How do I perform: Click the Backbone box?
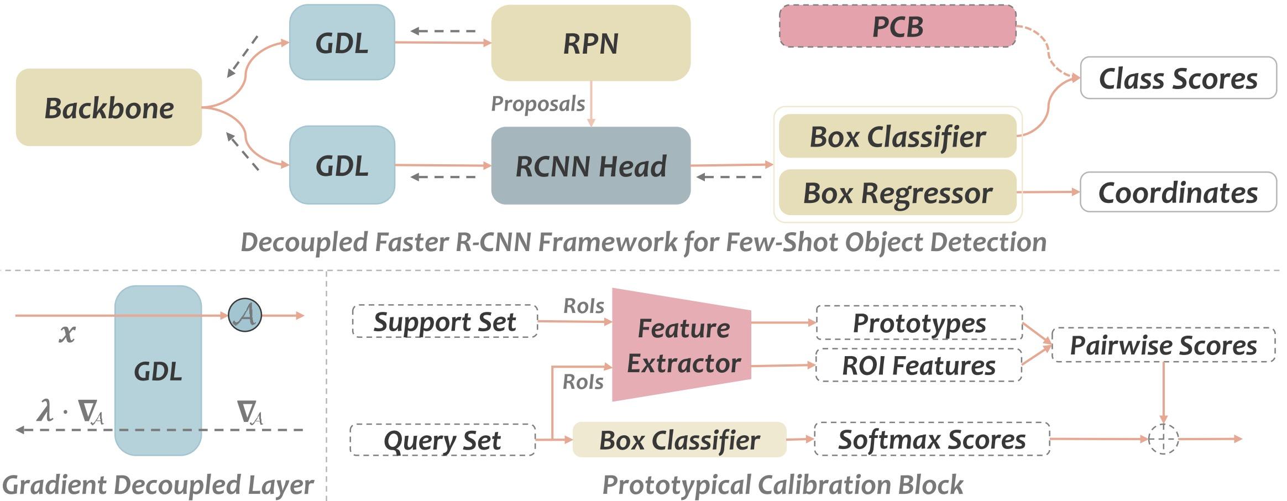109,107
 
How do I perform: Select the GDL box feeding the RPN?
342,43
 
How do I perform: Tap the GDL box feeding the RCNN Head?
342,165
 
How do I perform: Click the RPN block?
590,43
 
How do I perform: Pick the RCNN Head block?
590,165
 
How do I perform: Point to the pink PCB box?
897,27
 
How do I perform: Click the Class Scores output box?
1178,78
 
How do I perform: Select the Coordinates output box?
1178,192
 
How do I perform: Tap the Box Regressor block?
897,193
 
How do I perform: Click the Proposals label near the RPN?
538,103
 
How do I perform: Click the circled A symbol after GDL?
245,315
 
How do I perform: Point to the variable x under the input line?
67,333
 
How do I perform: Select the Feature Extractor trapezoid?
683,345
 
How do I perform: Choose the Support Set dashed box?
444,321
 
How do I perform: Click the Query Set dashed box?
442,440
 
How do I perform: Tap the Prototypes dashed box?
919,322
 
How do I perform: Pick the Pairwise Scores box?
1163,345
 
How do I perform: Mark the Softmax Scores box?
932,440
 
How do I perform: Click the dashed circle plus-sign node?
1163,439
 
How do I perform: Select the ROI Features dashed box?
918,365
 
